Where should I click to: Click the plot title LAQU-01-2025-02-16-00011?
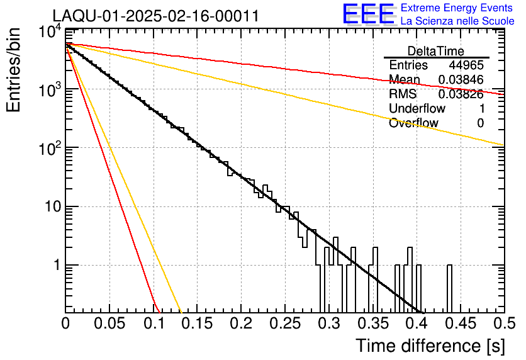coord(155,16)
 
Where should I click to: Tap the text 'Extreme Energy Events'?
coord(457,8)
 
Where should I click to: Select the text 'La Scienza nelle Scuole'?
coord(457,21)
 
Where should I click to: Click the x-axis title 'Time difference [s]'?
coord(429,346)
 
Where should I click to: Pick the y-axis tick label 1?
coord(52,265)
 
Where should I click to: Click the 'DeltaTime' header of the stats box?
coord(436,51)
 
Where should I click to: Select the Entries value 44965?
coord(466,65)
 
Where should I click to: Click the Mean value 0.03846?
coord(461,80)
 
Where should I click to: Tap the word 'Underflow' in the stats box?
coord(417,109)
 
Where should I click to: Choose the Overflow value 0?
coord(480,123)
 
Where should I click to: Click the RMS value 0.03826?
coord(461,94)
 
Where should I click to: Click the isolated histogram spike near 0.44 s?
coord(449,286)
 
